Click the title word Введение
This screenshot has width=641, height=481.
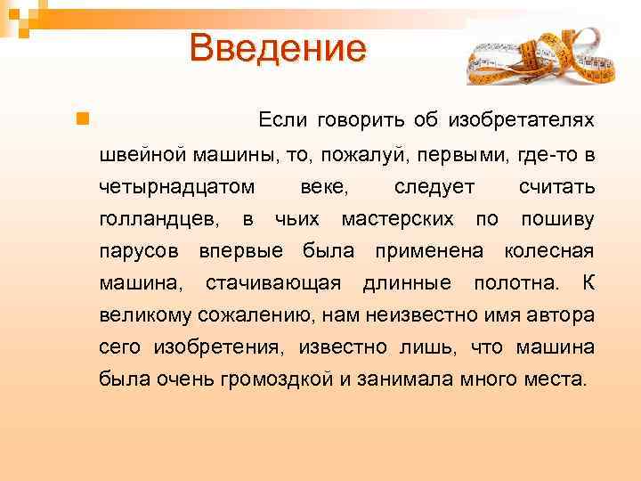click(277, 48)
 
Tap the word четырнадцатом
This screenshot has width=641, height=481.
click(177, 187)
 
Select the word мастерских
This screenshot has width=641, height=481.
click(398, 219)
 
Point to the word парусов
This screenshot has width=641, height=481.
click(142, 251)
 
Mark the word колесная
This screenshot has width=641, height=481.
click(549, 251)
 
